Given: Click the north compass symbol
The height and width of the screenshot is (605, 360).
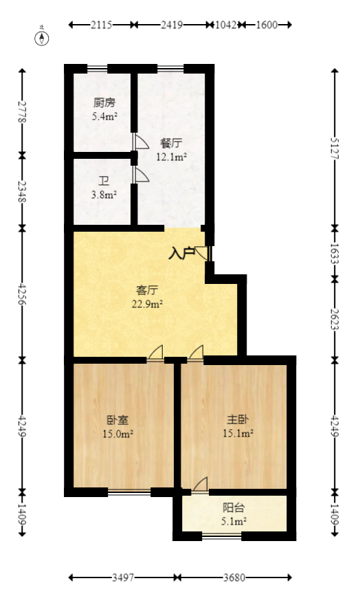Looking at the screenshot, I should tap(43, 38).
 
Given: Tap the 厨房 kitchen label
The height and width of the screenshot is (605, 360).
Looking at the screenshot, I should tap(104, 103).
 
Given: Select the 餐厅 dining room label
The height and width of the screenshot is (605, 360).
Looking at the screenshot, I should tap(171, 144).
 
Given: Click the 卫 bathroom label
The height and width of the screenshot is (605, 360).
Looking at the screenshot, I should tap(104, 181).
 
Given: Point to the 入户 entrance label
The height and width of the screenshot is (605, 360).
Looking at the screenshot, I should tap(181, 253).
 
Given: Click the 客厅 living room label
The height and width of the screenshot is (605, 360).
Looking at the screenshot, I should tap(148, 291).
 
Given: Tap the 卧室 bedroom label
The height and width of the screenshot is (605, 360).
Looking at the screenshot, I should tap(118, 420).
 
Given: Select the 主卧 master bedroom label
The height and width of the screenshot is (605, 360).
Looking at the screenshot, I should tap(238, 419).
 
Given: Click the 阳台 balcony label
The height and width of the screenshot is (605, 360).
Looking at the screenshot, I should tap(234, 508).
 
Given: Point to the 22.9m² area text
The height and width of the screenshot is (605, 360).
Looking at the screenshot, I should tap(148, 304).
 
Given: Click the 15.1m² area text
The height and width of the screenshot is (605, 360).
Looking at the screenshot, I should tap(238, 433).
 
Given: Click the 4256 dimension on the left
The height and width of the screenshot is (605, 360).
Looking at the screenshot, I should tap(23, 292).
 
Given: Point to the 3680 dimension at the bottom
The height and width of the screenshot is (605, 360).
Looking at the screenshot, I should tap(235, 578).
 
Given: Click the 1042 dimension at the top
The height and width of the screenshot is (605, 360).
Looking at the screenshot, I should tap(226, 25).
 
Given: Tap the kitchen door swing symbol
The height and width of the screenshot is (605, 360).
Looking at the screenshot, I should tap(140, 142).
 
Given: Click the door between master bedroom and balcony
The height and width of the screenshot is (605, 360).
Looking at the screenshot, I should tap(200, 485).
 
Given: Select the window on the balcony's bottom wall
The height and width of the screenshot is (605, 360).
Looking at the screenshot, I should tap(222, 536).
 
